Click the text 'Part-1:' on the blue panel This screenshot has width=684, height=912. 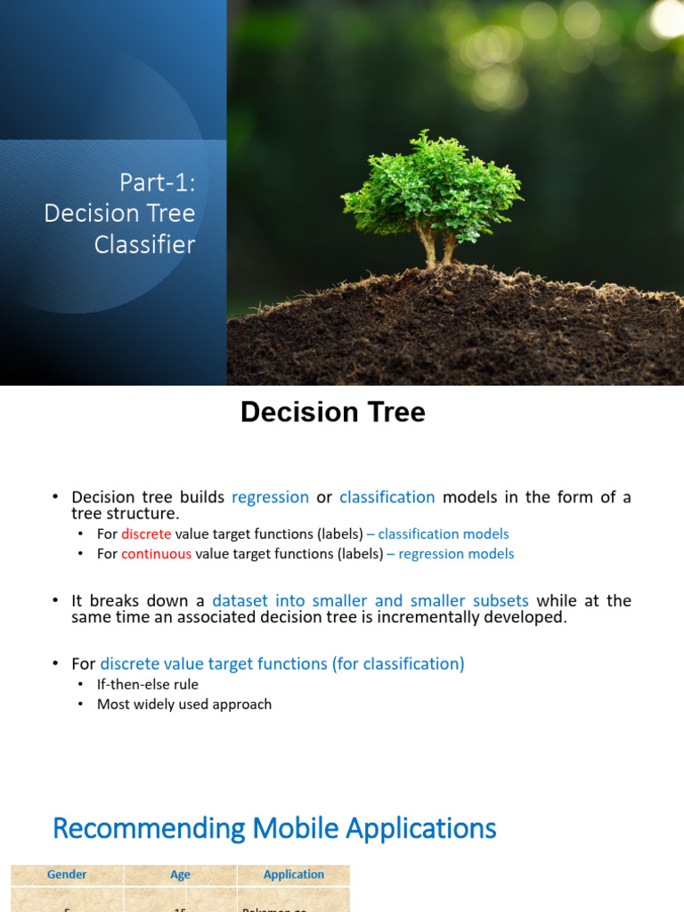click(x=157, y=183)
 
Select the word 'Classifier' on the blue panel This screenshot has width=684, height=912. click(x=145, y=244)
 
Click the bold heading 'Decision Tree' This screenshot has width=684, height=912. click(x=333, y=411)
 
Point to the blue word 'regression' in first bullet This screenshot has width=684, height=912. click(x=270, y=497)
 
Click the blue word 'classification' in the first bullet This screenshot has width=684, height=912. click(x=387, y=497)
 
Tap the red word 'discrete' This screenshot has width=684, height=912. click(x=146, y=533)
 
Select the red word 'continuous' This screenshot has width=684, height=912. click(x=156, y=553)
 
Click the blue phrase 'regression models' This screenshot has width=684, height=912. click(x=456, y=553)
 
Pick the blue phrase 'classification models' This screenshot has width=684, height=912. click(x=443, y=533)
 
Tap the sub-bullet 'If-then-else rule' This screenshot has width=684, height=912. click(x=148, y=684)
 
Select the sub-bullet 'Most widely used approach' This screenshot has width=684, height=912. click(x=184, y=704)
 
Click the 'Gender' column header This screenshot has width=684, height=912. click(x=67, y=875)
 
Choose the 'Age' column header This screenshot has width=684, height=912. click(x=180, y=875)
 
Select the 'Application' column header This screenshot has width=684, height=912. click(x=294, y=875)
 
